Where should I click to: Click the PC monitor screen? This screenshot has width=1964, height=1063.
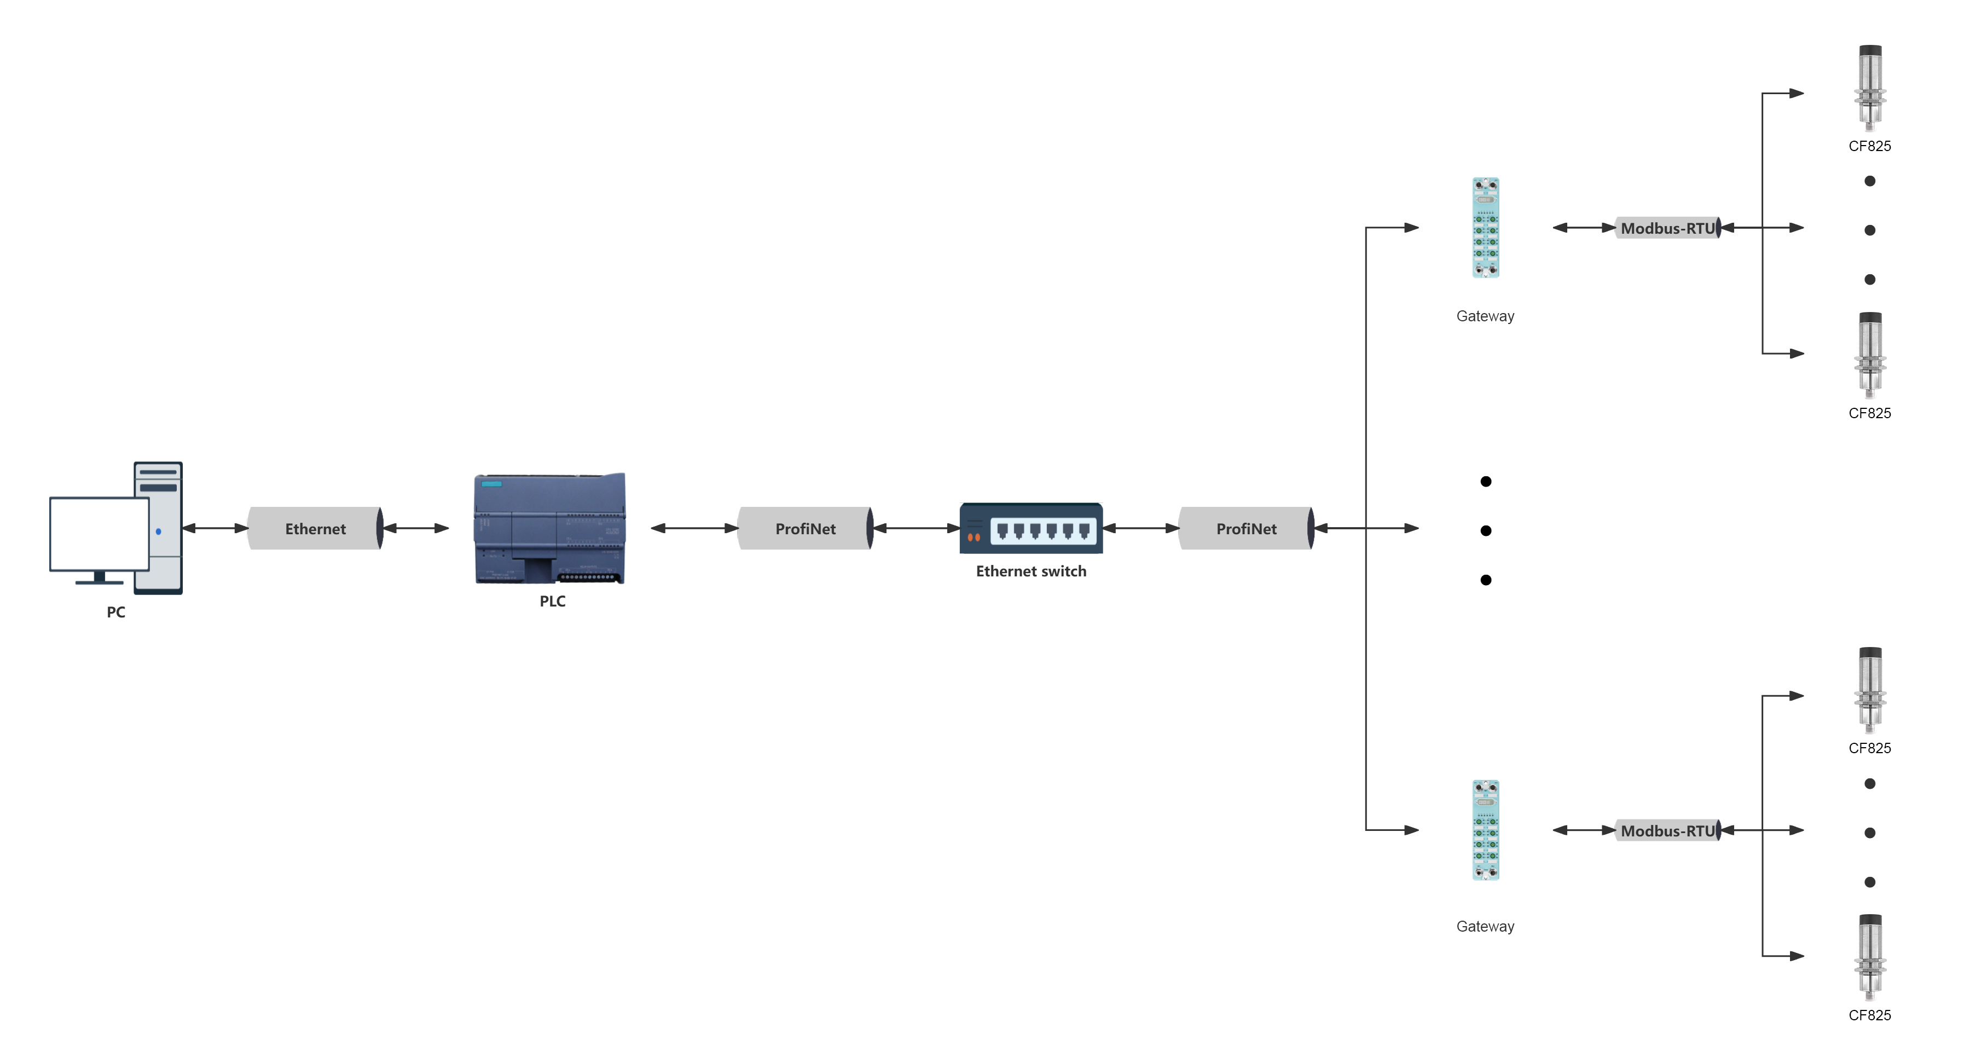[99, 533]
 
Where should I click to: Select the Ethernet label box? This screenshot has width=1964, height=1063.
[315, 528]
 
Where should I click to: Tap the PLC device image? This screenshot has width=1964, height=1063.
[550, 528]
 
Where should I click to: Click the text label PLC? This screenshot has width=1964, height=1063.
[552, 601]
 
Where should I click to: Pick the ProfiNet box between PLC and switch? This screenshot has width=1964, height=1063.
[805, 528]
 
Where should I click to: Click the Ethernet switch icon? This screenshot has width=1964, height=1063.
[1031, 528]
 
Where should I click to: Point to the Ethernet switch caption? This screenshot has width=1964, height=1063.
[1031, 571]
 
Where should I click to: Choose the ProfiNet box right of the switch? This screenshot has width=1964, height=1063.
[1246, 528]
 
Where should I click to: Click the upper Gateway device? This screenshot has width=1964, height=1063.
[1485, 228]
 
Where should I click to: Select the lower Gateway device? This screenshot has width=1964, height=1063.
[1485, 830]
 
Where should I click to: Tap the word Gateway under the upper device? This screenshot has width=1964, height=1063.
[1485, 316]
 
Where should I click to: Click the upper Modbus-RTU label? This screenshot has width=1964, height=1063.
[1667, 228]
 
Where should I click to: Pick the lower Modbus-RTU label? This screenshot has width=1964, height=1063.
[1667, 830]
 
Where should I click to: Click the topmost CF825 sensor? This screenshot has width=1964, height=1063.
[1869, 88]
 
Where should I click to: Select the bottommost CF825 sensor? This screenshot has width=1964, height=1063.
[1869, 956]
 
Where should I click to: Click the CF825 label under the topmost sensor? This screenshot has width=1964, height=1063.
[1869, 146]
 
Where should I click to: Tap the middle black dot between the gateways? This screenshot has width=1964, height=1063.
[1485, 531]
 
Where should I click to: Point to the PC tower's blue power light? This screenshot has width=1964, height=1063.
[159, 531]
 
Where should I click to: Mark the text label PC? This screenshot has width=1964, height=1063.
[116, 611]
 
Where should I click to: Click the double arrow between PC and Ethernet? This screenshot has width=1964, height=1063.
[215, 528]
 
